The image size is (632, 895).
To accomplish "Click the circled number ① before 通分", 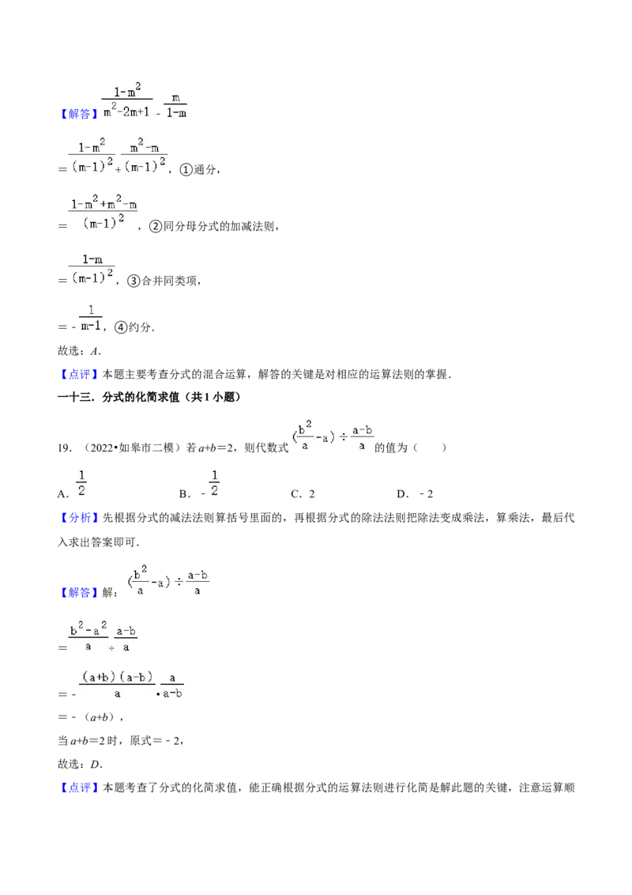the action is [x=186, y=169].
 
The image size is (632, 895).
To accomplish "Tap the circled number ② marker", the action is [x=156, y=226].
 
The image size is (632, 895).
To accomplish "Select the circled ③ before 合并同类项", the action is [x=134, y=281].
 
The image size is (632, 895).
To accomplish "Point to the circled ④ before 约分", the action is [x=121, y=327].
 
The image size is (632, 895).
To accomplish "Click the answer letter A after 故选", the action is [x=95, y=351].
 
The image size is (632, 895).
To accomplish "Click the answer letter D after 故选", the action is [x=96, y=765].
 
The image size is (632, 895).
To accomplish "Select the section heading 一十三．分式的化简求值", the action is [x=149, y=397].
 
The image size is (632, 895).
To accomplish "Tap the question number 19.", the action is [x=64, y=448].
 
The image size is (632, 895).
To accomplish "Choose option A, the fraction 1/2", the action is [x=73, y=484].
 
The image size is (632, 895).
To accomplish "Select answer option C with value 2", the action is [x=303, y=494].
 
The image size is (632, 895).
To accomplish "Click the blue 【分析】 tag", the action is [x=79, y=519].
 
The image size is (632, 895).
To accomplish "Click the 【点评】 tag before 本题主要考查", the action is [x=79, y=375].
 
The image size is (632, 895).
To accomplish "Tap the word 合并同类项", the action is [x=169, y=281].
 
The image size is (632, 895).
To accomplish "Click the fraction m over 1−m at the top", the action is [x=175, y=106].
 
